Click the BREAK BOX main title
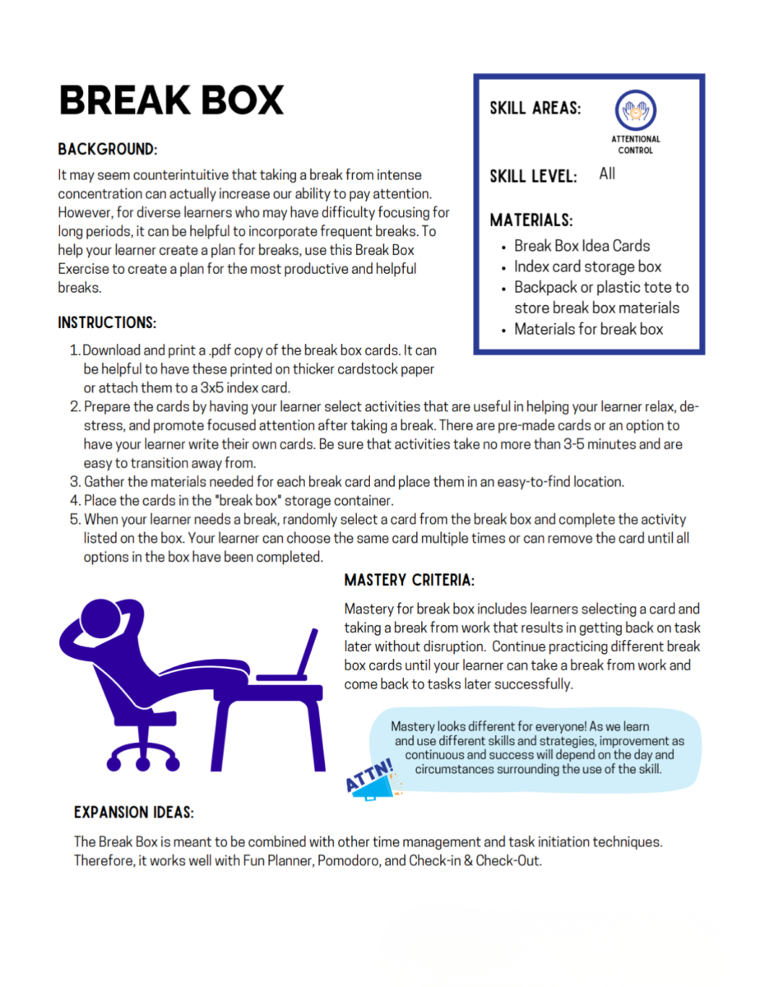[171, 100]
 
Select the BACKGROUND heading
[107, 150]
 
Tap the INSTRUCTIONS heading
[107, 322]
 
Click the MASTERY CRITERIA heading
[409, 580]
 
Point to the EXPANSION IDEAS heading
[134, 813]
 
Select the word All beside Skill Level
[607, 174]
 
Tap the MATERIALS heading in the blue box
[531, 220]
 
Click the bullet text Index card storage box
[587, 266]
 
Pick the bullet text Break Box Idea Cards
[582, 246]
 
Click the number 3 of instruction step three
[75, 482]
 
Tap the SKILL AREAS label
[535, 108]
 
